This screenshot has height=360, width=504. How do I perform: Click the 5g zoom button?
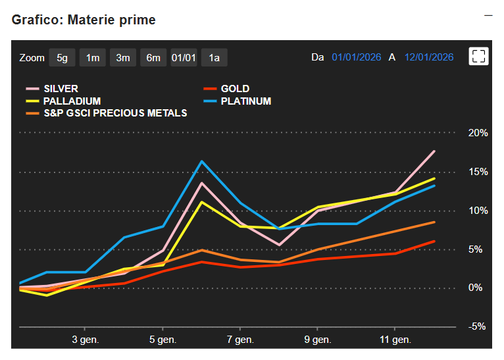click(62, 58)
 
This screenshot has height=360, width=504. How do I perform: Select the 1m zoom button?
click(92, 58)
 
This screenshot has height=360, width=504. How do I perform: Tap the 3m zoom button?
click(122, 58)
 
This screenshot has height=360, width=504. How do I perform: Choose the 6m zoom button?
click(153, 58)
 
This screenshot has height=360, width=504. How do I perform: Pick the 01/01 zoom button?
click(184, 58)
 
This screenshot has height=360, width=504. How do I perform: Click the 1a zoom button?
click(214, 58)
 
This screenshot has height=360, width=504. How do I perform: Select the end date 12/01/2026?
click(429, 57)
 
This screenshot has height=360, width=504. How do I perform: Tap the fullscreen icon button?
click(478, 57)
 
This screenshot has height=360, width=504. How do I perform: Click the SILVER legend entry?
click(61, 89)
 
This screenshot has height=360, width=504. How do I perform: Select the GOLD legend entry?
click(235, 89)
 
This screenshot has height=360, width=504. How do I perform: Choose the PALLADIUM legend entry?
click(72, 101)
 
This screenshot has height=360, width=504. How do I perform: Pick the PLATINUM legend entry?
click(245, 101)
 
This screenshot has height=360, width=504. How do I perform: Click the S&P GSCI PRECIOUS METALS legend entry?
click(115, 113)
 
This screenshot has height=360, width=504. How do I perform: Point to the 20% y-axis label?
click(478, 133)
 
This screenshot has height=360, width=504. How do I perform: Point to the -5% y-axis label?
click(478, 326)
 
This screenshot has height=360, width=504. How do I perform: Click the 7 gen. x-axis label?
click(239, 340)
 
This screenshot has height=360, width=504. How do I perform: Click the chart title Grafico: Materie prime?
click(84, 20)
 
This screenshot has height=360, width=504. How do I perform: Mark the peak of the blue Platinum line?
click(201, 161)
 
